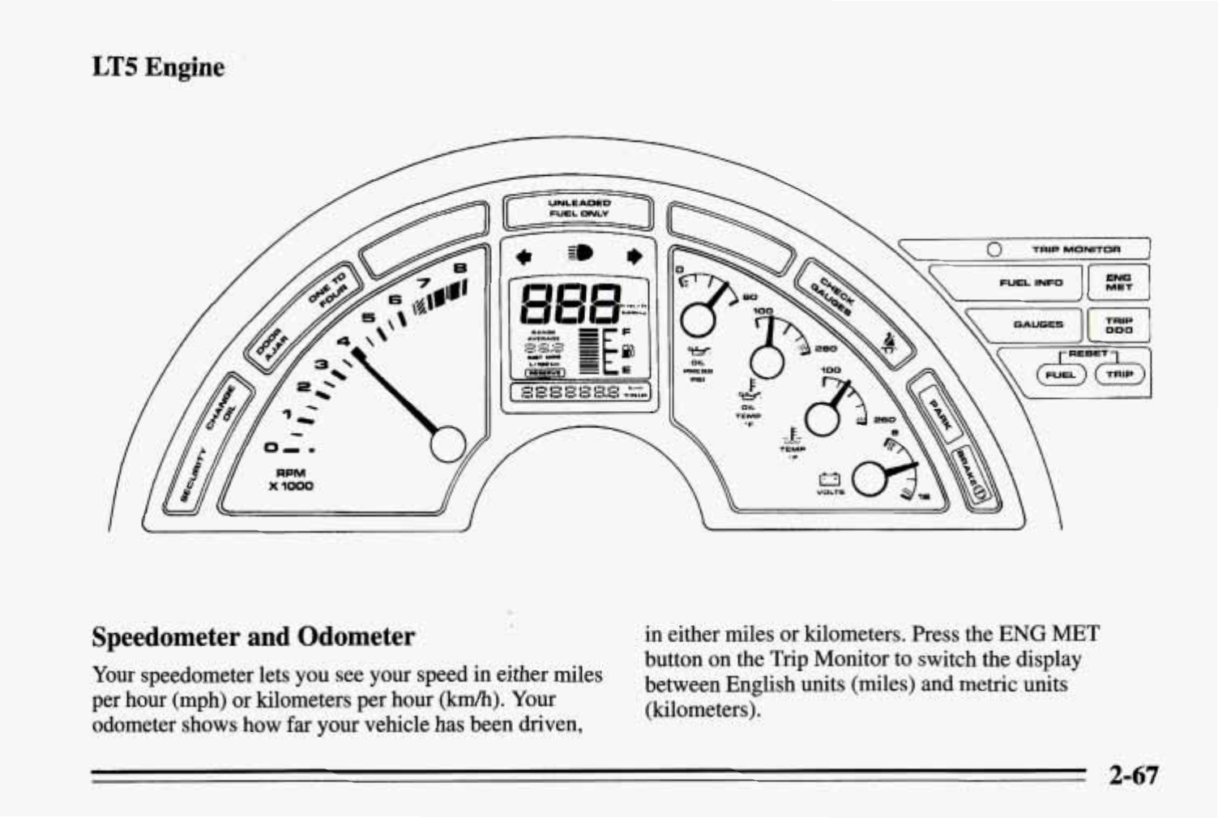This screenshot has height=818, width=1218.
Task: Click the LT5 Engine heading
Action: pyautogui.click(x=158, y=66)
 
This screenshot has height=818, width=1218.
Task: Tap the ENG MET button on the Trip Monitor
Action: pyautogui.click(x=1118, y=282)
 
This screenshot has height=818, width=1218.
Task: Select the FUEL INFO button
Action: pyautogui.click(x=1030, y=283)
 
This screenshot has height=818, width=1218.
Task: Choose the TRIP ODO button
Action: pyautogui.click(x=1118, y=325)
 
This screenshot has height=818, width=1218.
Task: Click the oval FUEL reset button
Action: pyautogui.click(x=1061, y=375)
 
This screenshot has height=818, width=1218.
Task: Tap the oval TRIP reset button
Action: pyautogui.click(x=1118, y=375)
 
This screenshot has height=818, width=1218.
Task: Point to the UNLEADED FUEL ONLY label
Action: pyautogui.click(x=579, y=208)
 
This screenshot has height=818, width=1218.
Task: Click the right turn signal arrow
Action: pyautogui.click(x=635, y=257)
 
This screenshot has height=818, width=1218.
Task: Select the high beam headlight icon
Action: pyautogui.click(x=580, y=254)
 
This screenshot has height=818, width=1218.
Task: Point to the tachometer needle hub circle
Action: pyautogui.click(x=447, y=443)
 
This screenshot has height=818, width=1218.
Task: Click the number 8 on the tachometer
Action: pyautogui.click(x=459, y=268)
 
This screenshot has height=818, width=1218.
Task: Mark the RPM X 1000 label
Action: pyautogui.click(x=291, y=479)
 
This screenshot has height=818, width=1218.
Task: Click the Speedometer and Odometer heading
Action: pyautogui.click(x=253, y=636)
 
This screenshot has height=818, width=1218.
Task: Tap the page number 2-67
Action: pyautogui.click(x=1135, y=775)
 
